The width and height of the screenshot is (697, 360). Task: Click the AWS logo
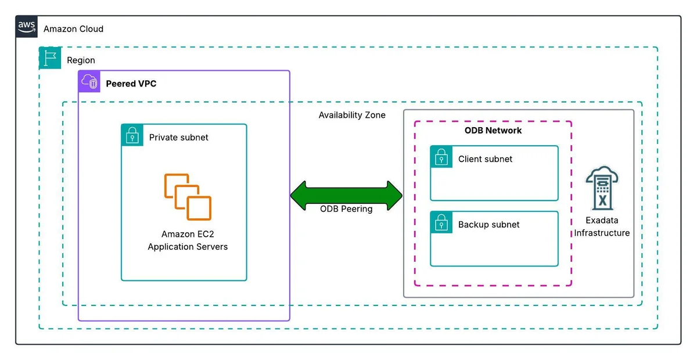click(27, 27)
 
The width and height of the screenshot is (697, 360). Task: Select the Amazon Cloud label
click(73, 29)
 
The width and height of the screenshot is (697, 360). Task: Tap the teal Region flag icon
click(50, 58)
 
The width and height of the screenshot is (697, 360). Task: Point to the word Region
click(81, 60)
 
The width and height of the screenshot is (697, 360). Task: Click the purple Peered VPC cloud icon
click(89, 81)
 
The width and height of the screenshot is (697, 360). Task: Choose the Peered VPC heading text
click(131, 84)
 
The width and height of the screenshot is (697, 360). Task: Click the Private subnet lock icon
click(132, 135)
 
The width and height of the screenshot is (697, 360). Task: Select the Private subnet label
click(179, 138)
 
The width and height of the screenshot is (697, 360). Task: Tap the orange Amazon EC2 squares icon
click(188, 197)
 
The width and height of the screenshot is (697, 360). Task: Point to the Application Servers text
click(188, 247)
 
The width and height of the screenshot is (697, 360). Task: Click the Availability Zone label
click(352, 115)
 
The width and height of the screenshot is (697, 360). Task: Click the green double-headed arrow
click(346, 196)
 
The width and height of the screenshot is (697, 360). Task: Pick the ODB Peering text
click(346, 209)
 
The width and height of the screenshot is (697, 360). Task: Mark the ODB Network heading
click(493, 131)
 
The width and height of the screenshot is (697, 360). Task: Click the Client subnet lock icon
click(441, 157)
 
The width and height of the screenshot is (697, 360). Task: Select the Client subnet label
click(485, 159)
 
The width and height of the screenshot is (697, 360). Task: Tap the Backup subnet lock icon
click(441, 222)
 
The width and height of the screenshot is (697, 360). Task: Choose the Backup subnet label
click(489, 225)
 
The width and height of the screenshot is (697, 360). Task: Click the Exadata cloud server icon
click(602, 188)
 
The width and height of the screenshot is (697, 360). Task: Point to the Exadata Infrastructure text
click(602, 226)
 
